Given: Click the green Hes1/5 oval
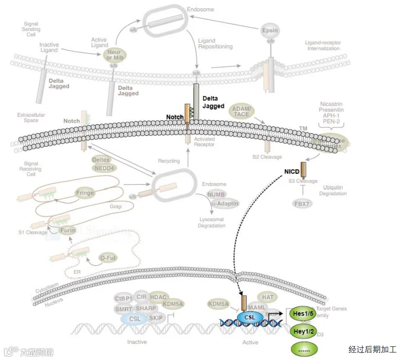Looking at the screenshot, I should (x=303, y=314).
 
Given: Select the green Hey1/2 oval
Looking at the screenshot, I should (x=303, y=331).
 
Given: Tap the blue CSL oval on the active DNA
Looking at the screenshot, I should (x=250, y=317).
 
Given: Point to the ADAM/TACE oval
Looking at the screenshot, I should (x=241, y=112).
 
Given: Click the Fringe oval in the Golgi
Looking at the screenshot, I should (x=85, y=193).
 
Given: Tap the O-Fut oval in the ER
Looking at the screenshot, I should (x=108, y=258).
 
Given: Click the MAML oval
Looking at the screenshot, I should (x=257, y=307).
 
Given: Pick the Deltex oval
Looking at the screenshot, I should (x=101, y=160).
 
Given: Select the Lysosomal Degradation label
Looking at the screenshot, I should (x=211, y=223).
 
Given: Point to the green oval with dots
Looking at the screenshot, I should (x=304, y=349).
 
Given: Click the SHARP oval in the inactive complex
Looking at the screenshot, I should (x=146, y=308).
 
